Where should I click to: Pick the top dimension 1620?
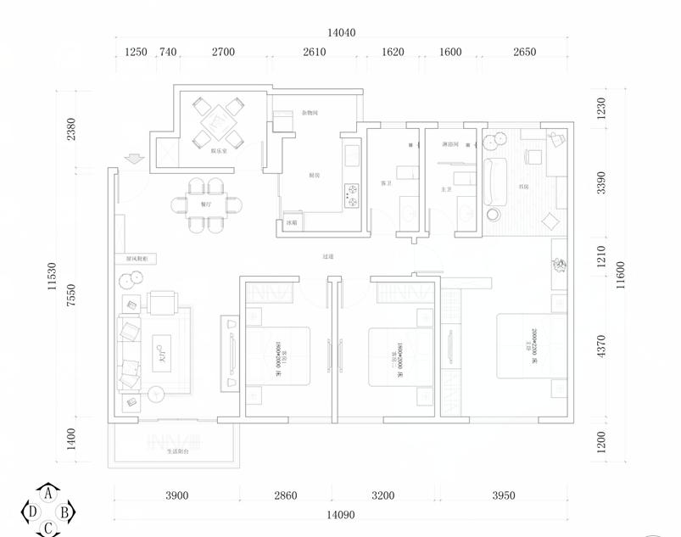click(393, 52)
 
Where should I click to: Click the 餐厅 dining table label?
click(206, 204)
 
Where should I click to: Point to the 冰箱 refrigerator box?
click(290, 223)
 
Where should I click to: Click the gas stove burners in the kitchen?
click(352, 195)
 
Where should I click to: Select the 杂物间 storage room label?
click(309, 112)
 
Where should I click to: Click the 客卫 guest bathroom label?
click(386, 184)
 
